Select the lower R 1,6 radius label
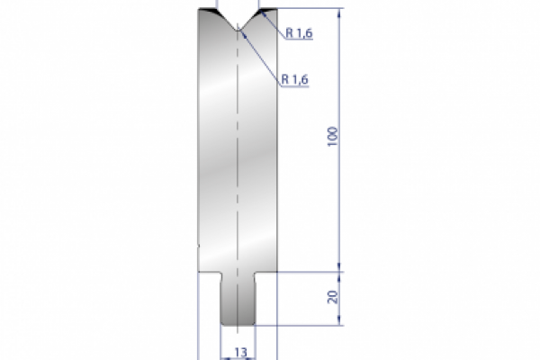coord(295,80)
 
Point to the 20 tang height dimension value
coord(332,298)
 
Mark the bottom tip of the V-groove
coord(238,31)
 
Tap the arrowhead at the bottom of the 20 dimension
coord(340,323)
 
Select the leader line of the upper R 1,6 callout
coord(270,25)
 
